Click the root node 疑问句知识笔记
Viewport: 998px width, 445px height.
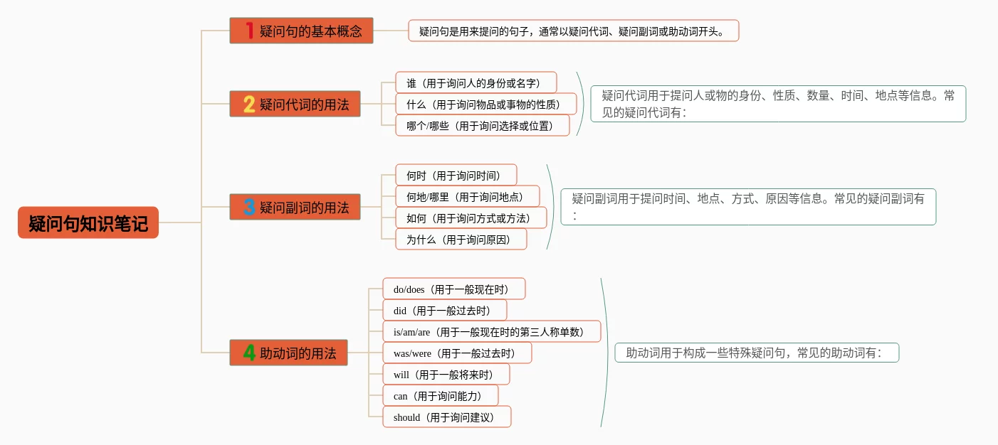(88, 222)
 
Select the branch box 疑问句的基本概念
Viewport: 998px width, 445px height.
(301, 31)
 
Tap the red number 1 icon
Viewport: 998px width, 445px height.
(249, 31)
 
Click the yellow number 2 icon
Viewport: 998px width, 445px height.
(249, 104)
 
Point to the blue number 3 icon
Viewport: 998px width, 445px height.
(249, 208)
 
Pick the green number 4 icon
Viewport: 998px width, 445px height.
(249, 353)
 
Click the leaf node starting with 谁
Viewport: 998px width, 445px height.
(476, 82)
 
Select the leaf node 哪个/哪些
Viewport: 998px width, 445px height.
(482, 125)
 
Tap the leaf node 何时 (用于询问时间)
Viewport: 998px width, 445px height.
(456, 175)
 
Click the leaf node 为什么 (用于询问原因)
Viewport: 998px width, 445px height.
(461, 239)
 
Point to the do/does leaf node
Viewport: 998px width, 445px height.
(453, 289)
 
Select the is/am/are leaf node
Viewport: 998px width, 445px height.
(491, 331)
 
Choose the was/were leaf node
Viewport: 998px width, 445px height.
(456, 353)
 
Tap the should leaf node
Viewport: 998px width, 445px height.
(446, 417)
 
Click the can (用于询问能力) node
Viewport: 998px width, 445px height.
(440, 395)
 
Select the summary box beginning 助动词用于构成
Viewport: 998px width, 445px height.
(756, 353)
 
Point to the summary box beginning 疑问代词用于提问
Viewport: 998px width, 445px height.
(777, 104)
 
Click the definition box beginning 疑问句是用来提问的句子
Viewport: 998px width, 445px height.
(573, 31)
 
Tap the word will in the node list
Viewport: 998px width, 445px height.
(401, 375)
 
